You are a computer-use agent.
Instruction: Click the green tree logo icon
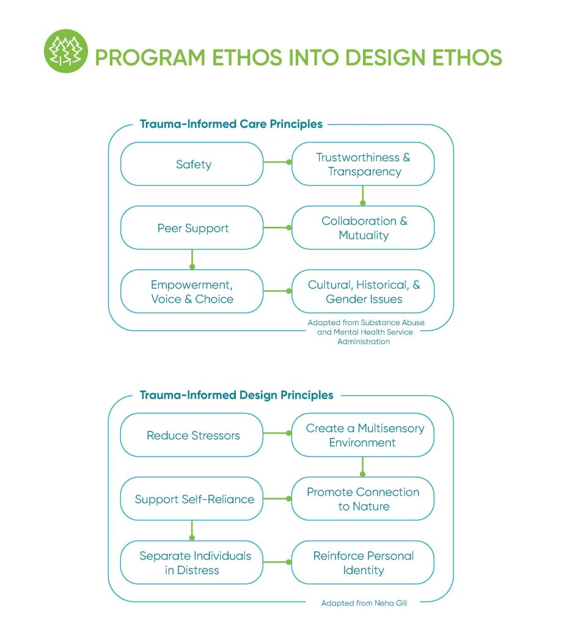point(66,51)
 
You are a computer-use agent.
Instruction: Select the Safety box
point(193,164)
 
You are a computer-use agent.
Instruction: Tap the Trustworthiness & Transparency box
point(362,164)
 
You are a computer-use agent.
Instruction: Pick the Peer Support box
point(193,228)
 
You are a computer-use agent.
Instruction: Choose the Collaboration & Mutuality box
point(362,228)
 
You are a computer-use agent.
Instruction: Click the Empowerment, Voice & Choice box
point(193,292)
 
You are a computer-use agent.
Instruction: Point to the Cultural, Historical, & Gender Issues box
point(362,292)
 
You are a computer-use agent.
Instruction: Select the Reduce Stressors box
point(193,435)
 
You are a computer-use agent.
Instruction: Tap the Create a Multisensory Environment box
point(362,435)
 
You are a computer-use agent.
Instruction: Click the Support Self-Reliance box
point(193,499)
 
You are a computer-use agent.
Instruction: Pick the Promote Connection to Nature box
point(362,499)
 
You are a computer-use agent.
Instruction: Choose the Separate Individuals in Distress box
point(193,562)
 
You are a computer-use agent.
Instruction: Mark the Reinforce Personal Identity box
point(362,562)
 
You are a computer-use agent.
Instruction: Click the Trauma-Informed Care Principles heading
point(231,124)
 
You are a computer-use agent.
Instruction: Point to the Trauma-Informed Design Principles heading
point(237,395)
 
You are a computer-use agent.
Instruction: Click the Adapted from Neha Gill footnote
point(364,603)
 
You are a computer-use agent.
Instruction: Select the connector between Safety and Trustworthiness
point(277,162)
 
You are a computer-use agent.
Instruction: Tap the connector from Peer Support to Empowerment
point(192,259)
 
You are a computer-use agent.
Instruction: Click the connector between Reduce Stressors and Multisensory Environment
point(277,433)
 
